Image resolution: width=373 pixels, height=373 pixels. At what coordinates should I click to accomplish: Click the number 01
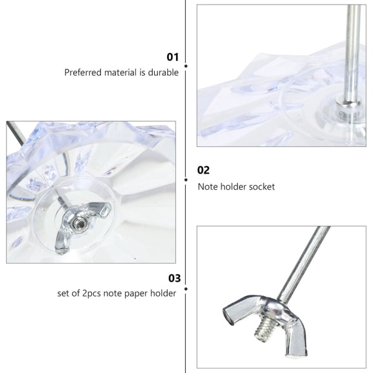172,57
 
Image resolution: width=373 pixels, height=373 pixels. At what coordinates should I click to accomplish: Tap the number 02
203,170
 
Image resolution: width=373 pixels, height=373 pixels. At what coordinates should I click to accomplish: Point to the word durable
164,73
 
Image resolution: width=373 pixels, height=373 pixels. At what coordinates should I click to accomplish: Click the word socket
262,186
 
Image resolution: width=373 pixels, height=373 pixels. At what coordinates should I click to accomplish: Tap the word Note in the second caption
208,186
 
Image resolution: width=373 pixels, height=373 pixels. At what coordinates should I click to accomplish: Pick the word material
117,73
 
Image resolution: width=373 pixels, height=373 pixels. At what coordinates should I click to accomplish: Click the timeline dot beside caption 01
186,65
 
